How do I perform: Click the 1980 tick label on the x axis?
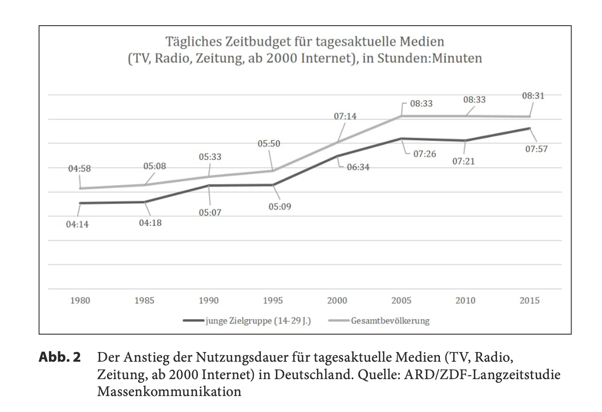80,301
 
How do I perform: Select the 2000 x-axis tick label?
337,301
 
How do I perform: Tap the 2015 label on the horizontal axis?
529,301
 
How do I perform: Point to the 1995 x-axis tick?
272,301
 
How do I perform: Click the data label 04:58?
79,169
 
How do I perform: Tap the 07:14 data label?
345,117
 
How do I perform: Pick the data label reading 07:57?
537,149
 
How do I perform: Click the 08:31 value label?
533,96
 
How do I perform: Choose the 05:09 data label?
281,206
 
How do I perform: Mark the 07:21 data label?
464,162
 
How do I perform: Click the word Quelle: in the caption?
377,375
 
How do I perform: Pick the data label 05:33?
210,157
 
